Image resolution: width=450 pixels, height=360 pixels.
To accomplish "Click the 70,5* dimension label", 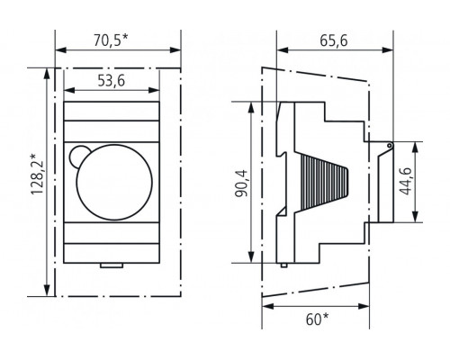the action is tap(111, 40).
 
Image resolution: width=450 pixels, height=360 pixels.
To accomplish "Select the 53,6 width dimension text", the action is tap(112, 81).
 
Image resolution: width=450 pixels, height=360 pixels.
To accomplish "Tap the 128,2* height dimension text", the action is tap(38, 175).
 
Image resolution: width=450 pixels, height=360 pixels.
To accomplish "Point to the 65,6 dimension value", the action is tap(334, 40).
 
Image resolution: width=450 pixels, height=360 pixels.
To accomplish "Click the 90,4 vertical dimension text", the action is tap(241, 184).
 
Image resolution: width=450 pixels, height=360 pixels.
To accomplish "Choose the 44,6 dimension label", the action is tap(406, 182).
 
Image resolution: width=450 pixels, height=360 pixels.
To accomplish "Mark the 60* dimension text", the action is tap(317, 319).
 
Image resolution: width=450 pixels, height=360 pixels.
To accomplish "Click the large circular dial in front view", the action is tap(114, 182).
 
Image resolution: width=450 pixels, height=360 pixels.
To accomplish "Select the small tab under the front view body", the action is tap(112, 265).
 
